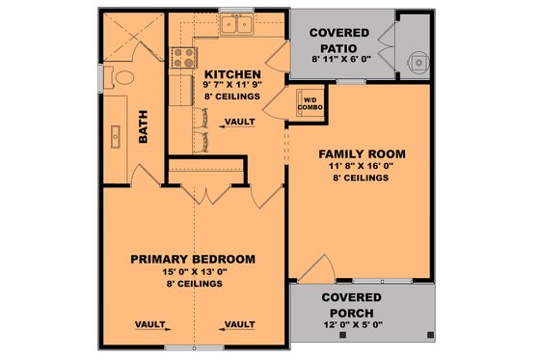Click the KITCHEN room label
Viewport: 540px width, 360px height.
tap(231, 74)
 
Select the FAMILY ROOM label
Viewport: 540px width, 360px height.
tap(362, 153)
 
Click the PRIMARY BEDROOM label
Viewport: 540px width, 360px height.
tap(193, 259)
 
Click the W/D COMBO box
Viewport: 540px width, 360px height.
tap(311, 103)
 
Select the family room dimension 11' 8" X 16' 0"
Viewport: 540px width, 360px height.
tap(362, 166)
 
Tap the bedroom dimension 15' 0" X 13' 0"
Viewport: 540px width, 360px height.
tap(193, 272)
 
